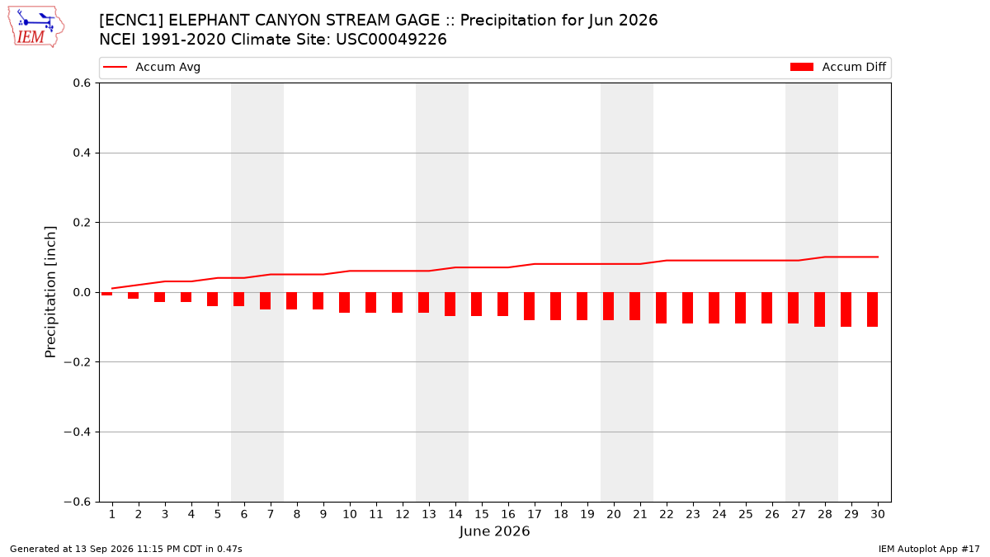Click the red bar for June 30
click(x=872, y=309)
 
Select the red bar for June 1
click(x=106, y=294)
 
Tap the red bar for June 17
click(x=529, y=306)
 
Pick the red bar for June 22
click(x=661, y=308)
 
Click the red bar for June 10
click(x=344, y=302)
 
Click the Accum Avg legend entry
click(x=152, y=67)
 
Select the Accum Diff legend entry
click(x=838, y=67)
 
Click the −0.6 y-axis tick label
click(x=77, y=502)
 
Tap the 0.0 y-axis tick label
click(x=82, y=292)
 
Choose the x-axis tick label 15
click(x=482, y=514)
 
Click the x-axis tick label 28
click(x=825, y=514)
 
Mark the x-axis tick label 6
click(x=244, y=514)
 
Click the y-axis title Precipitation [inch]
click(x=50, y=292)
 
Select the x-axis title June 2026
click(x=494, y=531)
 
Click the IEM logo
click(x=35, y=27)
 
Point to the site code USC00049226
click(x=391, y=40)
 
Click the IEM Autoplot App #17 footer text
click(x=929, y=549)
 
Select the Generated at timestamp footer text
click(x=126, y=549)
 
